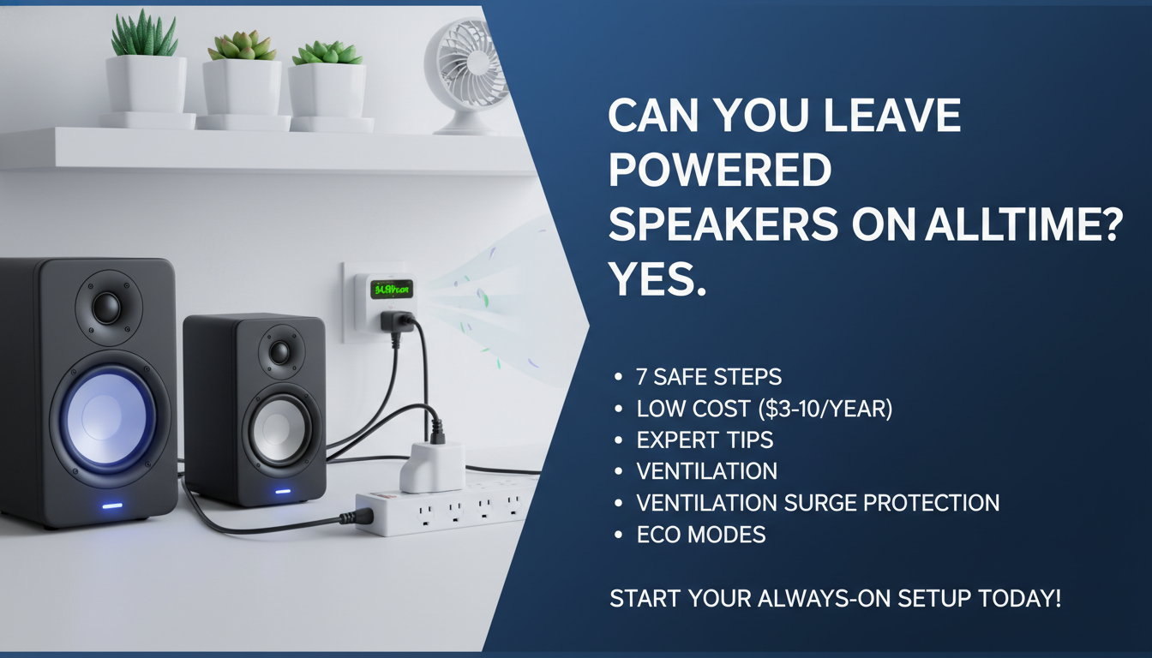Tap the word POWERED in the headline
[719, 170]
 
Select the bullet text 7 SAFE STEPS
[708, 377]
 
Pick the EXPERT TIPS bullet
[705, 440]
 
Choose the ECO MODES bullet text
[701, 535]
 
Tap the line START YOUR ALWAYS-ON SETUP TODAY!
[835, 598]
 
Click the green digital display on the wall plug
[392, 290]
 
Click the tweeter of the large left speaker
[107, 308]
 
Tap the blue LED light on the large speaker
[112, 505]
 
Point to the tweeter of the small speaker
[279, 351]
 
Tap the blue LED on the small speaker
[282, 493]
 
